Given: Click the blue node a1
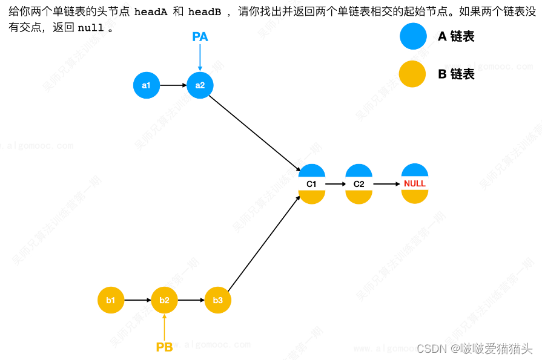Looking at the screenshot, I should tap(146, 85).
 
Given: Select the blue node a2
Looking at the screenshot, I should tap(200, 85).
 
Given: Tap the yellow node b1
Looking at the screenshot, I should tap(111, 300).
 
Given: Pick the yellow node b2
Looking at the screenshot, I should tap(164, 300).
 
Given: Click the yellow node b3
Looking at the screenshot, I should tap(218, 300).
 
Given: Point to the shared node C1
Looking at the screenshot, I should tap(312, 183).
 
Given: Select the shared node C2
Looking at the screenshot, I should tap(359, 183).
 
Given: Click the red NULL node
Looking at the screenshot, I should tap(415, 183).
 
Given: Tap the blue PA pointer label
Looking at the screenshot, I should tap(200, 38).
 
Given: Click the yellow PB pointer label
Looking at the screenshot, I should tap(164, 347).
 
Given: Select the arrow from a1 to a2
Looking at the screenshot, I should tap(173, 85).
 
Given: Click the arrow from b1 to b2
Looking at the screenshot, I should tap(137, 300).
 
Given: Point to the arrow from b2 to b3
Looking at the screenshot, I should tap(191, 300).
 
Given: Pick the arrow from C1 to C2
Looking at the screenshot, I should tap(335, 183).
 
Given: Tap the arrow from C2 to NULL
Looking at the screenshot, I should tap(386, 183).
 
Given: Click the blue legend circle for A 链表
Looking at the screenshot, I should tap(413, 36).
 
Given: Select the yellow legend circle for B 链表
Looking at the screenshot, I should tap(413, 74).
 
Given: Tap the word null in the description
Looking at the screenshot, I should tap(90, 28).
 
